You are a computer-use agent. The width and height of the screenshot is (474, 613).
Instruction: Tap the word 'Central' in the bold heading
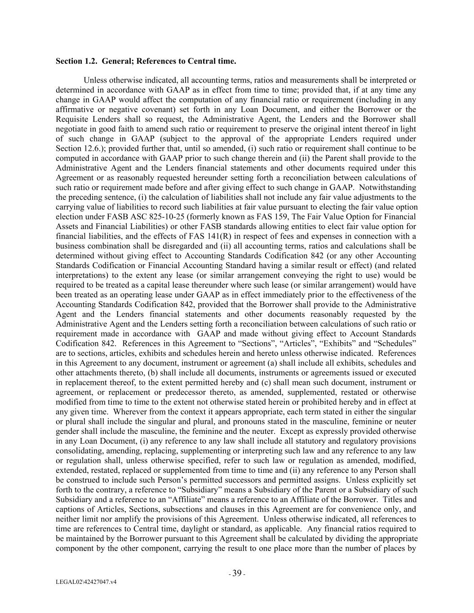pos(202,61)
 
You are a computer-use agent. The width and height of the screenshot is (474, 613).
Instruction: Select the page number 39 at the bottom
pos(237,573)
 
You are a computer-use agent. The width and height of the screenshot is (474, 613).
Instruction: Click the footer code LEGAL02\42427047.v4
pos(86,582)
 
